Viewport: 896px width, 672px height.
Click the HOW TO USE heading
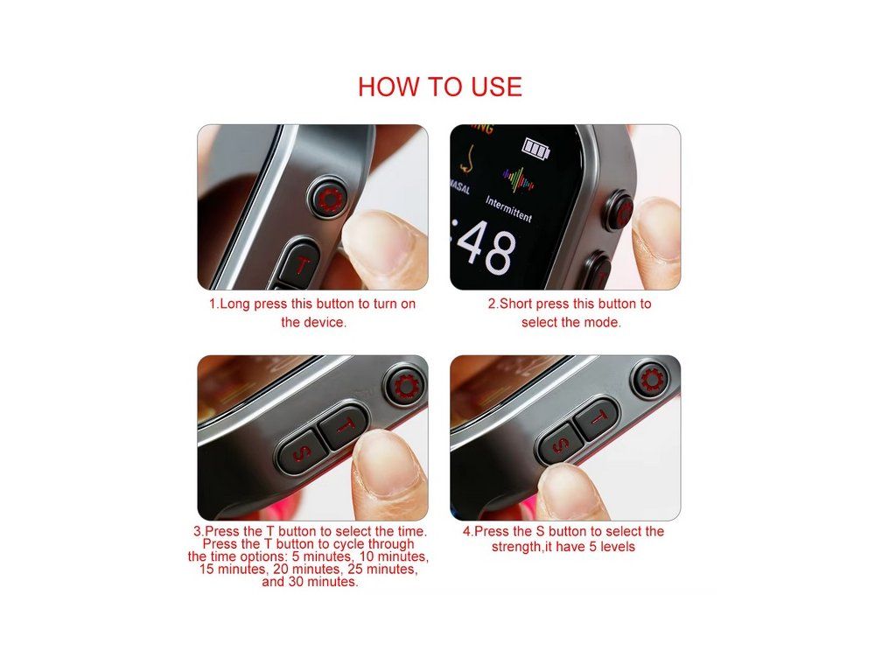click(439, 87)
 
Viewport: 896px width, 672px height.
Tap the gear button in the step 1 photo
click(330, 199)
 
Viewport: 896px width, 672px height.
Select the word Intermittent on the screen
click(508, 208)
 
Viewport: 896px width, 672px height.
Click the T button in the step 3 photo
click(344, 425)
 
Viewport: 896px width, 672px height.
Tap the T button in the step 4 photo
click(597, 418)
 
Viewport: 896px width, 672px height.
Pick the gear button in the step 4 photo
click(650, 380)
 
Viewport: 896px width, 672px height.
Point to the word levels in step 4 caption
click(617, 547)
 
